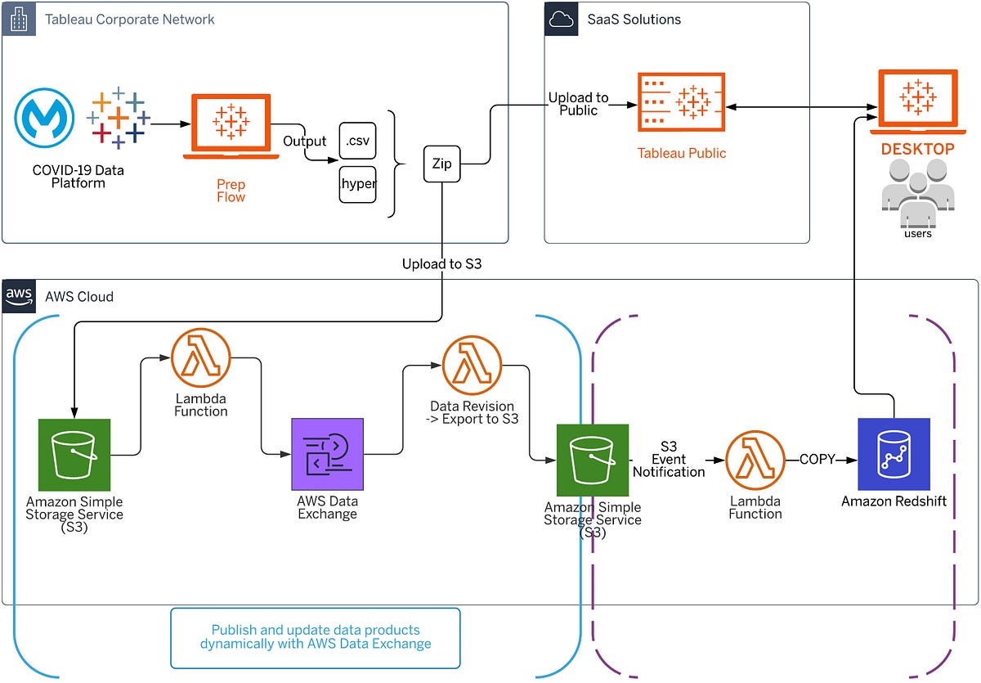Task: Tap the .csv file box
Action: pyautogui.click(x=357, y=141)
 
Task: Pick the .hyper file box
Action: pyautogui.click(x=357, y=184)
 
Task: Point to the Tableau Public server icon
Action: pyautogui.click(x=681, y=103)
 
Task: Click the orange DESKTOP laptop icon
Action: pyautogui.click(x=916, y=102)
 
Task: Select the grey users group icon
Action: pyautogui.click(x=917, y=191)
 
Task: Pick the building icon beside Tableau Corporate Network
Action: pyautogui.click(x=18, y=19)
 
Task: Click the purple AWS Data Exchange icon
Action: pyautogui.click(x=327, y=453)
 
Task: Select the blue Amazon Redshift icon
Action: pyautogui.click(x=894, y=454)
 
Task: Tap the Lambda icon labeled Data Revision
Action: pyautogui.click(x=472, y=365)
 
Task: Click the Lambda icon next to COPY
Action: pyautogui.click(x=755, y=461)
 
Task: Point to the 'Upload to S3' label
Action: pyautogui.click(x=441, y=264)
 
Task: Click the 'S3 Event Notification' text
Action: pyautogui.click(x=669, y=460)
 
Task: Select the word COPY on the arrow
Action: pyautogui.click(x=817, y=460)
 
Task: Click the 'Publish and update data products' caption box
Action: pyautogui.click(x=316, y=637)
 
